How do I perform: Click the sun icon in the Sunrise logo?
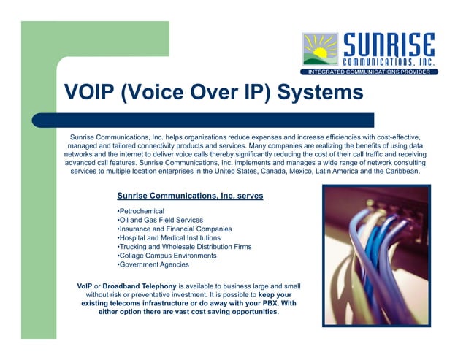tap(321, 50)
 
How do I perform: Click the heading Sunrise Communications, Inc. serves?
tap(190, 196)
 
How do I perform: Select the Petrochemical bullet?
tap(142, 211)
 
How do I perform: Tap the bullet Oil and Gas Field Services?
tap(160, 220)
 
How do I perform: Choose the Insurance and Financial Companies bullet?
tap(175, 229)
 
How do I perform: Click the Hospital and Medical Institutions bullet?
tap(174, 238)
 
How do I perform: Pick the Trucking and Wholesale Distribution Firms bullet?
tap(184, 247)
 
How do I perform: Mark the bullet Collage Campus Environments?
tap(167, 256)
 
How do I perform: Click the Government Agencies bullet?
tap(153, 264)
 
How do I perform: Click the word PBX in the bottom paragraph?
tap(256, 302)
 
